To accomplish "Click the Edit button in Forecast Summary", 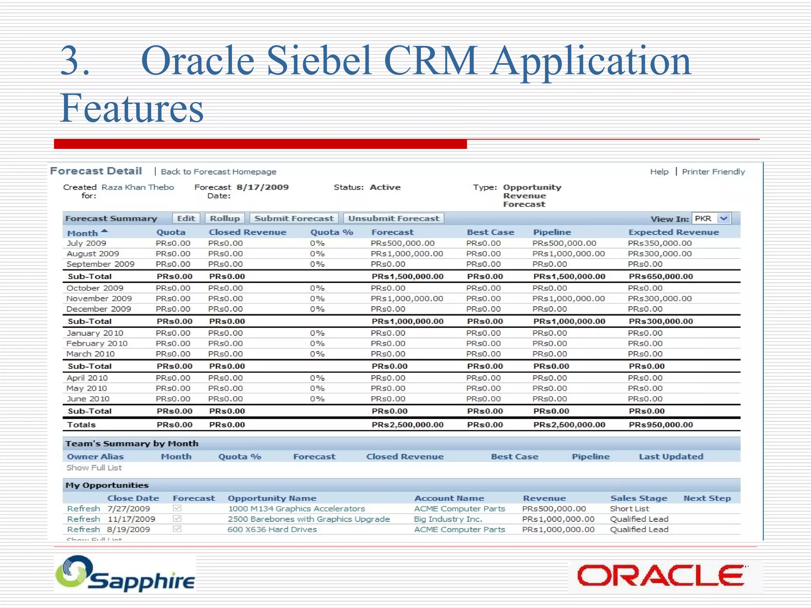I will point(186,218).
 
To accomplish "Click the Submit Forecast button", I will point(294,218).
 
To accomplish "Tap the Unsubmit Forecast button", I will point(394,218).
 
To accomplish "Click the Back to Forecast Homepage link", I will point(218,172).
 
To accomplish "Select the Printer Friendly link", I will point(713,172).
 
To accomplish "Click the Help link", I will point(659,172).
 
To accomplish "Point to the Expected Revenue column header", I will point(674,232).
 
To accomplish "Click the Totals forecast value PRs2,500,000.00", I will point(407,425).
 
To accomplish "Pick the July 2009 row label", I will point(86,243).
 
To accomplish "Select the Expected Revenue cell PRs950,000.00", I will point(661,425).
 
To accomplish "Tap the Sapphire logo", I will point(125,574).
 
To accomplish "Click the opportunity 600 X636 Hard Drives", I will point(272,530).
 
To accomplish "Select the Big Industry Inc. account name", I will point(448,519).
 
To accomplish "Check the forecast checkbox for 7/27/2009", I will point(177,508).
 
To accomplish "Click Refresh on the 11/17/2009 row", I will point(83,519).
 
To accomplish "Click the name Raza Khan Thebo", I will point(137,187).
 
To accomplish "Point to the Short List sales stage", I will point(629,509).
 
